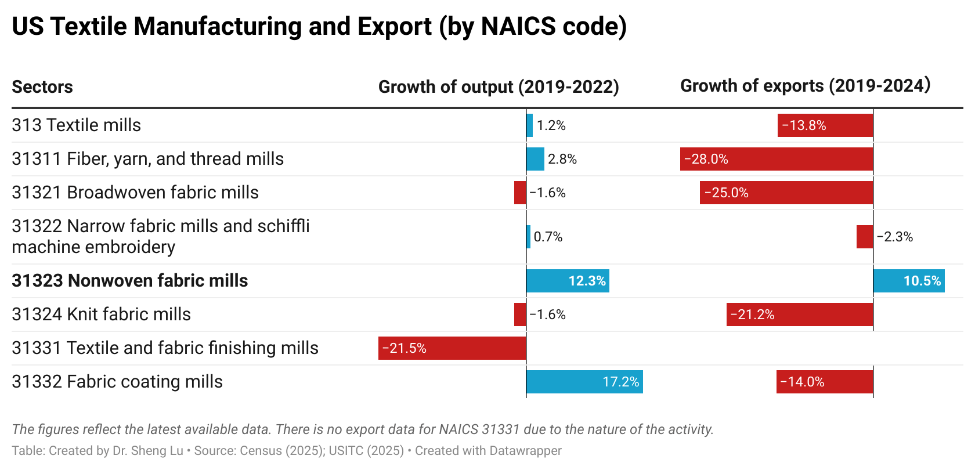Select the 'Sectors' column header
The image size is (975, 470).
pyautogui.click(x=42, y=87)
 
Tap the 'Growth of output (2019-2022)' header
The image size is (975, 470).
pyautogui.click(x=499, y=87)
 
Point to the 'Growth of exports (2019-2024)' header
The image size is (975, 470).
pyautogui.click(x=805, y=86)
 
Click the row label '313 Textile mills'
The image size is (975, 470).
pyautogui.click(x=76, y=125)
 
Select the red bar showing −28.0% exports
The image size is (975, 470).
pyautogui.click(x=777, y=159)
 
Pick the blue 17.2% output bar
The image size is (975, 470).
pyautogui.click(x=584, y=382)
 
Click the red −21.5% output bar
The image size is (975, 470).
pyautogui.click(x=452, y=348)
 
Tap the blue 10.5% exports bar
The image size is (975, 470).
pyautogui.click(x=909, y=281)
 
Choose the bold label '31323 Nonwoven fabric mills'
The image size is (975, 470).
pyautogui.click(x=130, y=281)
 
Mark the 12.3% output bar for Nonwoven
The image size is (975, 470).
pyautogui.click(x=567, y=281)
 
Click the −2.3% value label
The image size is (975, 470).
pyautogui.click(x=895, y=237)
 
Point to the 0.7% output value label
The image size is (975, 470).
pyautogui.click(x=548, y=237)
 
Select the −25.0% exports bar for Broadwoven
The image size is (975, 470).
pyautogui.click(x=786, y=193)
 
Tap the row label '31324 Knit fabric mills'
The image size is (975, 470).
pyautogui.click(x=101, y=314)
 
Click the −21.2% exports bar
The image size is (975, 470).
pyautogui.click(x=800, y=314)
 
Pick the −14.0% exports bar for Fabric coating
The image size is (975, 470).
pyautogui.click(x=825, y=382)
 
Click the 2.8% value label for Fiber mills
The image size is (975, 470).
pyautogui.click(x=562, y=159)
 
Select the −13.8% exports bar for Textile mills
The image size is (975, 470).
pyautogui.click(x=825, y=125)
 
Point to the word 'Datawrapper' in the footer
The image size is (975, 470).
pyautogui.click(x=525, y=451)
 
